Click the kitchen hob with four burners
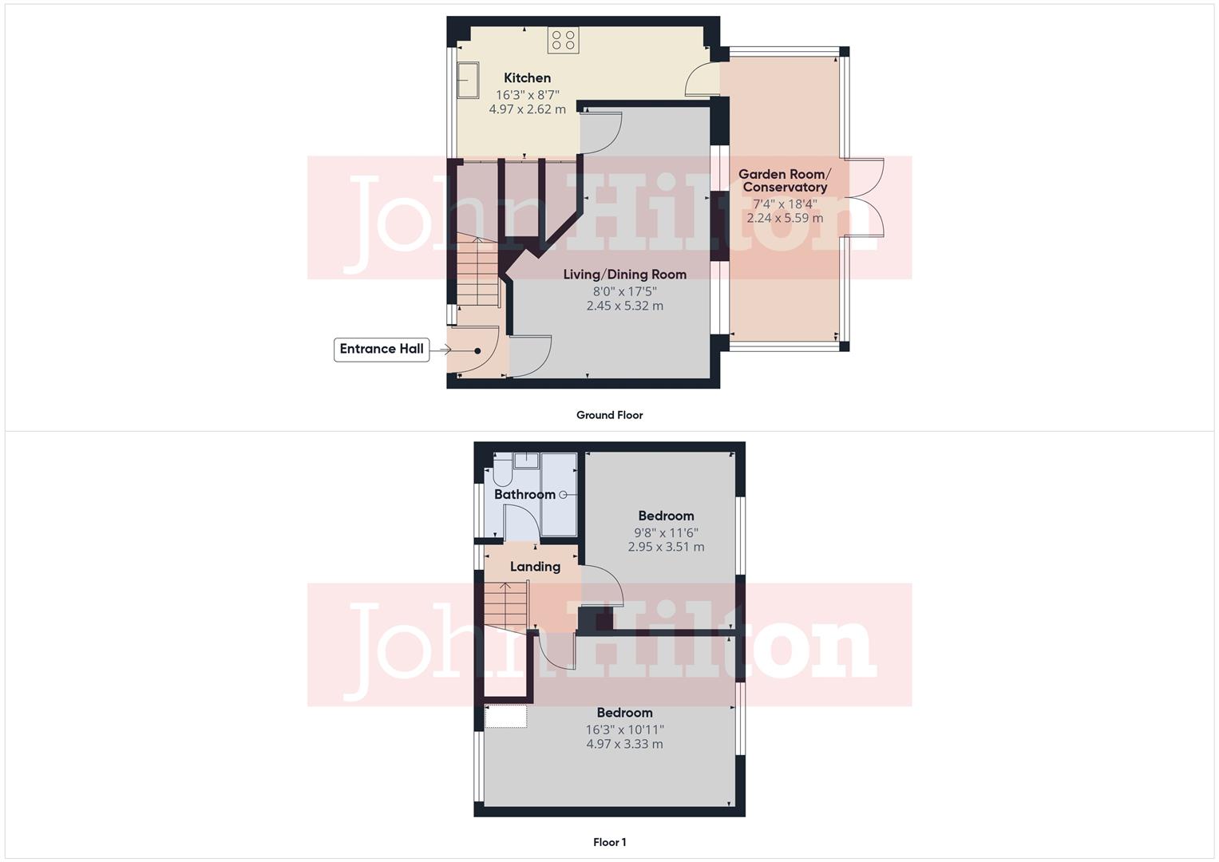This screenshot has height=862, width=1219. click(x=563, y=41)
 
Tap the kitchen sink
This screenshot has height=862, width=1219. click(x=468, y=81)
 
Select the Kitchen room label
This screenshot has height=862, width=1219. click(x=527, y=78)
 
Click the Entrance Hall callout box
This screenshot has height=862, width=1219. click(x=382, y=349)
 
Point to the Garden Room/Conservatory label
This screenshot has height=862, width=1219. click(x=784, y=180)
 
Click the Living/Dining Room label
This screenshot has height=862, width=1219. click(x=624, y=275)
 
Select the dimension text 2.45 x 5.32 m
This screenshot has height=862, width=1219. click(x=624, y=306)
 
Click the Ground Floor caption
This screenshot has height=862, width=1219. click(x=609, y=415)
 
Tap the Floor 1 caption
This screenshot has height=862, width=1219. click(x=609, y=842)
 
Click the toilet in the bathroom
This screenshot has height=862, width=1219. click(x=502, y=473)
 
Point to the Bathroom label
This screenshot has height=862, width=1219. click(x=524, y=495)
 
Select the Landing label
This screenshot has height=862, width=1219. click(x=535, y=567)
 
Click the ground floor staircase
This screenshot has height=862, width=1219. click(x=477, y=271)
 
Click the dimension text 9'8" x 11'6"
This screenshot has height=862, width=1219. click(x=666, y=532)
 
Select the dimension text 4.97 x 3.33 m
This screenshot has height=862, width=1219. click(x=624, y=744)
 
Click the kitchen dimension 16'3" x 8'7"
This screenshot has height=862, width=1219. click(x=527, y=94)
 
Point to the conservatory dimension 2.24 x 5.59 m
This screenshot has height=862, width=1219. click(x=784, y=218)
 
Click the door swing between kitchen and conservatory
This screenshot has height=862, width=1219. click(x=699, y=79)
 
